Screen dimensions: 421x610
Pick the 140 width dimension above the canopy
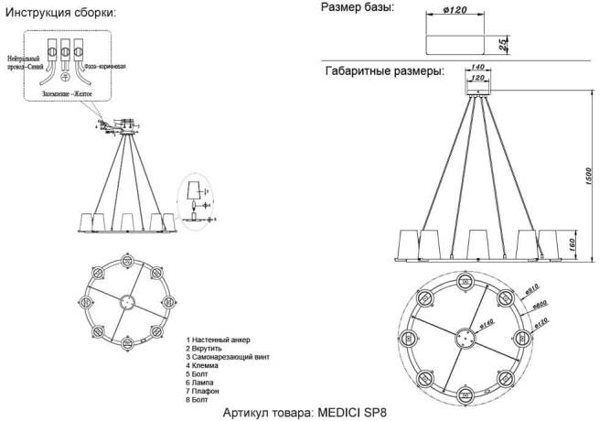pyautogui.click(x=476, y=68)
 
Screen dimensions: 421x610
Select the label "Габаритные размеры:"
pyautogui.click(x=385, y=70)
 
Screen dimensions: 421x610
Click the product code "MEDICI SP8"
pyautogui.click(x=355, y=412)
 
